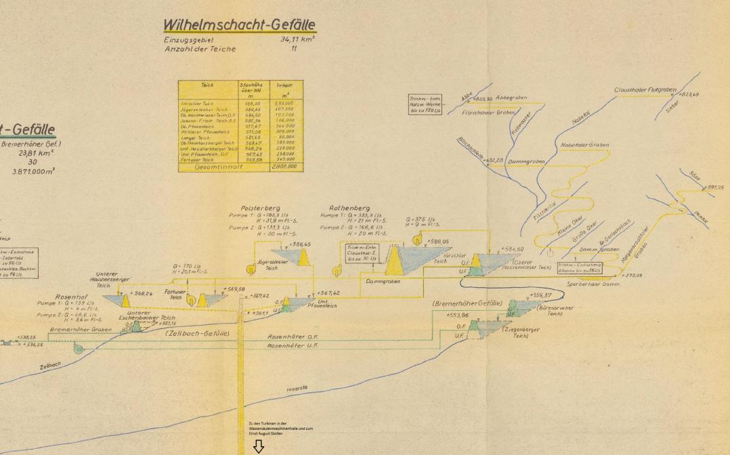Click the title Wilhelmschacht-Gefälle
tap(239, 26)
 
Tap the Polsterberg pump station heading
tap(260, 209)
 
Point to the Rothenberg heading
tap(349, 209)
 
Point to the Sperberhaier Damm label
tap(593, 285)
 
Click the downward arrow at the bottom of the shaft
tap(258, 446)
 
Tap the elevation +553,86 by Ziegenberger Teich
tap(457, 316)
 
